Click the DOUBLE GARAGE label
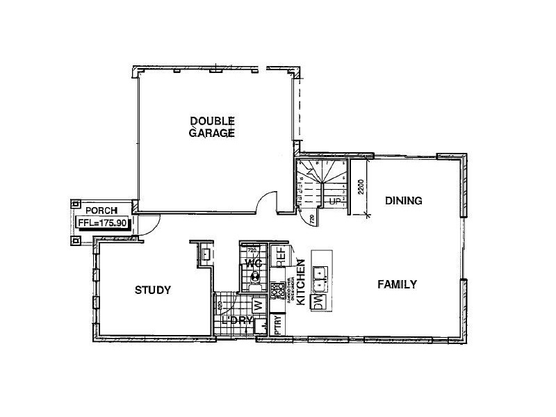point(212,126)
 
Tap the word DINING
point(404,201)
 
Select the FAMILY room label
point(397,284)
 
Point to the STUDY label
point(153,290)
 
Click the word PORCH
point(101,210)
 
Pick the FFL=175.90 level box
point(103,223)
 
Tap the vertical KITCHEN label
point(302,283)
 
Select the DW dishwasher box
point(319,301)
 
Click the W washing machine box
point(256,304)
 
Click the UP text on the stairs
point(335,202)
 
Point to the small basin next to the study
point(206,254)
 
